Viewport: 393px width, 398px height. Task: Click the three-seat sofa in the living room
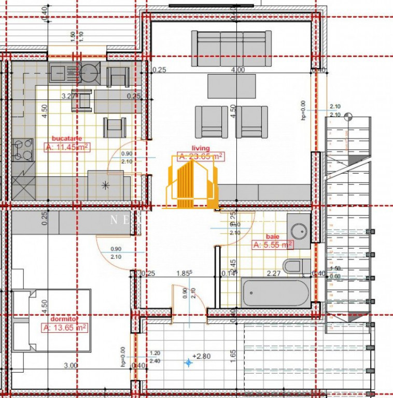(x=231, y=48)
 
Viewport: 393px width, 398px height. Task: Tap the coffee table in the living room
(x=231, y=86)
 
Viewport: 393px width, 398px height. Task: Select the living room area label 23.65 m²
(x=201, y=156)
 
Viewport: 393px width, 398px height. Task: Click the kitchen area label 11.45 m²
(x=67, y=147)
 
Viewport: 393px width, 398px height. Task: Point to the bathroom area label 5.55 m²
(x=273, y=245)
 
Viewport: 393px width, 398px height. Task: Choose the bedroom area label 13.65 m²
(x=65, y=328)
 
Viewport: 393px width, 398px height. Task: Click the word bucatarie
(x=67, y=138)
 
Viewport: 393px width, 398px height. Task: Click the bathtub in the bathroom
(x=275, y=293)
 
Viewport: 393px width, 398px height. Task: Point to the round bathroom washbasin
(x=299, y=229)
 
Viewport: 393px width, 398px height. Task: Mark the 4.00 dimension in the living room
(x=238, y=70)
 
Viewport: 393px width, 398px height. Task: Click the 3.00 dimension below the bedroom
(x=71, y=365)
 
